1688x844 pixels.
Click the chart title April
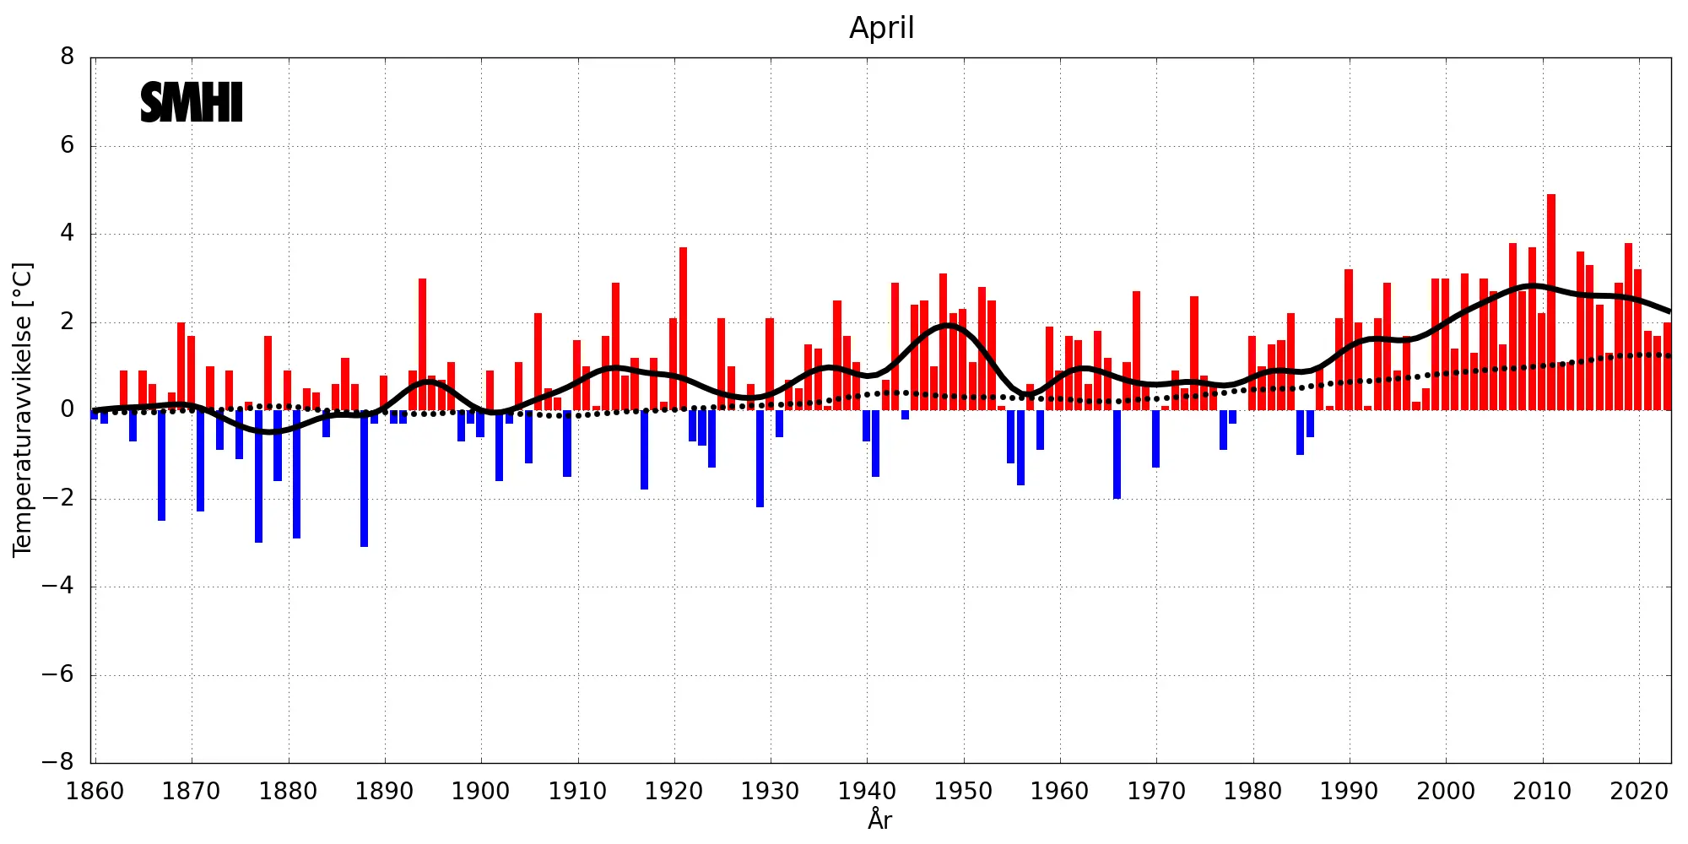(x=881, y=28)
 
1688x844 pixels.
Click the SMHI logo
(x=192, y=102)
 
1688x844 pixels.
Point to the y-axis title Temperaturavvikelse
(x=22, y=409)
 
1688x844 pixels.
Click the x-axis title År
(x=879, y=820)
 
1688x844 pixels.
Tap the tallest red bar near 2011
(x=1551, y=302)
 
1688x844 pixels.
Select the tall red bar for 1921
(x=683, y=329)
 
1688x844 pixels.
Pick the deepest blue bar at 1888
(x=364, y=479)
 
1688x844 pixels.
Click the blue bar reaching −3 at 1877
(x=258, y=476)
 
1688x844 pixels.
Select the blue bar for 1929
(x=760, y=458)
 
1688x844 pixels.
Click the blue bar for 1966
(x=1117, y=454)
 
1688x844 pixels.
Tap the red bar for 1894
(x=422, y=344)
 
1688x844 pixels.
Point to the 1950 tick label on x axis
(x=963, y=791)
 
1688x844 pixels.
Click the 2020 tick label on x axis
(x=1639, y=791)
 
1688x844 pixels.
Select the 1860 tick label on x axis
(x=95, y=791)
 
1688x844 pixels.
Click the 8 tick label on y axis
(x=67, y=57)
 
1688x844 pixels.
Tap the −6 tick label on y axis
(x=58, y=674)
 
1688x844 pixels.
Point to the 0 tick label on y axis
(x=67, y=409)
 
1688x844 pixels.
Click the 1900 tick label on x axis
(x=481, y=791)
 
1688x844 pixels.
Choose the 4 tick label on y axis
(x=67, y=233)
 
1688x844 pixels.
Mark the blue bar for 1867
(x=161, y=465)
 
